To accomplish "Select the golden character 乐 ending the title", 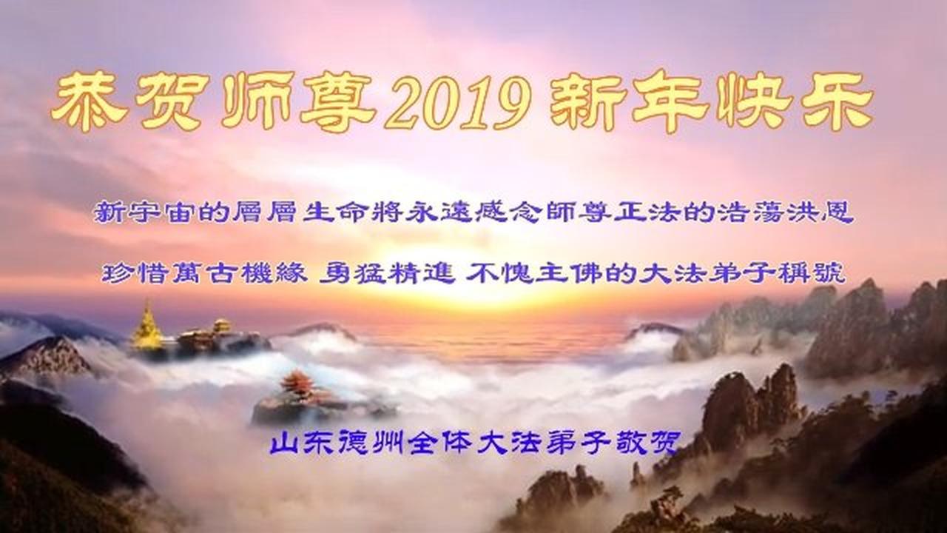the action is (837, 102).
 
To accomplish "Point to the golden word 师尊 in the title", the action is (299, 102).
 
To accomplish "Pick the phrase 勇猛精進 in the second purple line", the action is (387, 273).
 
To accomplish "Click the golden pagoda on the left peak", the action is (146, 326).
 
